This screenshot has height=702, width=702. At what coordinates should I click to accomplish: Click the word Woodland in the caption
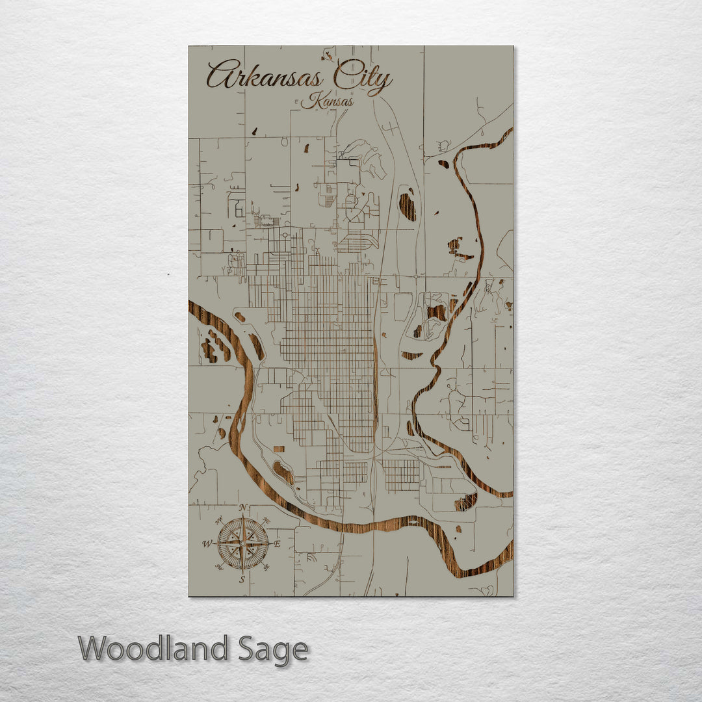click(x=153, y=649)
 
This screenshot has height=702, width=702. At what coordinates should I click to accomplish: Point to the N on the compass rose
click(x=242, y=508)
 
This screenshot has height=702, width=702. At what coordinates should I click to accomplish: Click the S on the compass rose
click(x=242, y=580)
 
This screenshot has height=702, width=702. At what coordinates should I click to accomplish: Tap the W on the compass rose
click(x=207, y=543)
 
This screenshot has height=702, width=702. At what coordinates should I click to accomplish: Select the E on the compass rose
click(x=278, y=544)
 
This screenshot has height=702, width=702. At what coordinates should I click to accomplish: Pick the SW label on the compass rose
click(x=218, y=567)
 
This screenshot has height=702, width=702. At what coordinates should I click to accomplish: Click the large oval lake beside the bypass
click(x=407, y=205)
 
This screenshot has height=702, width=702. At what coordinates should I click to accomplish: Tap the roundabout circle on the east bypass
click(x=415, y=277)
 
